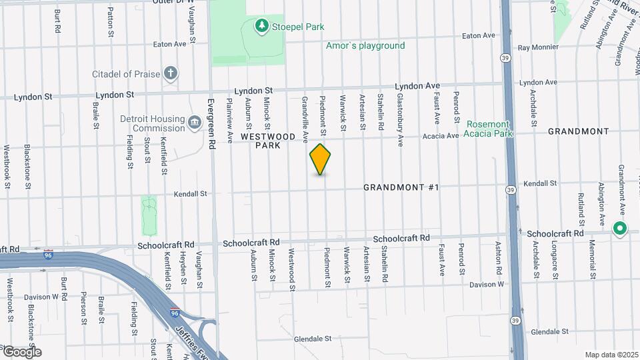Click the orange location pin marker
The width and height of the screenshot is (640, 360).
click(x=321, y=159)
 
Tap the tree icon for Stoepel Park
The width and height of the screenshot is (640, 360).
click(x=263, y=25)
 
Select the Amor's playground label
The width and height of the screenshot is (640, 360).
click(x=365, y=46)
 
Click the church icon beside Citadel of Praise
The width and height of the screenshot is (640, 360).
click(x=171, y=73)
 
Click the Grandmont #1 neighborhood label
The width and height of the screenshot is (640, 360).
click(x=401, y=187)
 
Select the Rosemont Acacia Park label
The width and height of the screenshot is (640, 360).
click(x=489, y=129)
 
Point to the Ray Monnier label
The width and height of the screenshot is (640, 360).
click(x=537, y=47)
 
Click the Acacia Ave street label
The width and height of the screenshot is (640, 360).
click(x=440, y=136)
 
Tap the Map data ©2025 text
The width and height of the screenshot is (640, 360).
click(x=611, y=355)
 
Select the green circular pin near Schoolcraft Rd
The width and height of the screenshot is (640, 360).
click(x=619, y=229)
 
